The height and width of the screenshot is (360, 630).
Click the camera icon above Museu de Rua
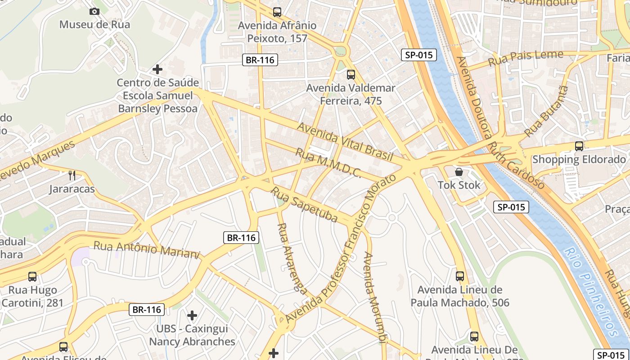point(94,12)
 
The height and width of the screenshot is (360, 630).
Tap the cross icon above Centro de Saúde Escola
point(157,69)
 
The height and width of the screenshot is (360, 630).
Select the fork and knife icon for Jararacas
point(72,175)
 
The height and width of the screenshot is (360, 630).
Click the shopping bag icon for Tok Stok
point(459,171)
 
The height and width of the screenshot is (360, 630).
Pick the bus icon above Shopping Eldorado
point(579,146)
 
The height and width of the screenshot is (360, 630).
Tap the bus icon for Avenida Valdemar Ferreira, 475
point(351,75)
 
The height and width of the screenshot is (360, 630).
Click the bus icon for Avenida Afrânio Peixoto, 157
point(277,12)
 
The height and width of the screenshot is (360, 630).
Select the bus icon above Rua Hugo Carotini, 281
point(32,276)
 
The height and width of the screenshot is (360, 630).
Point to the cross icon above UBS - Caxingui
point(192,315)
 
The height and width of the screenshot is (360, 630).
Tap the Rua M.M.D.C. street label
point(328,163)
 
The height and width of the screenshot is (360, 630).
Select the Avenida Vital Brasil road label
point(345,142)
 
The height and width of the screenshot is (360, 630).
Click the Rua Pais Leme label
point(526,58)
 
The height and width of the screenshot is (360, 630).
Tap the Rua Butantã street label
point(546,111)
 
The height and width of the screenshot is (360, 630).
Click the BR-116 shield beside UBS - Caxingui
point(147,310)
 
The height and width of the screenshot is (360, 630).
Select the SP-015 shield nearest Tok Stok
point(511,207)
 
